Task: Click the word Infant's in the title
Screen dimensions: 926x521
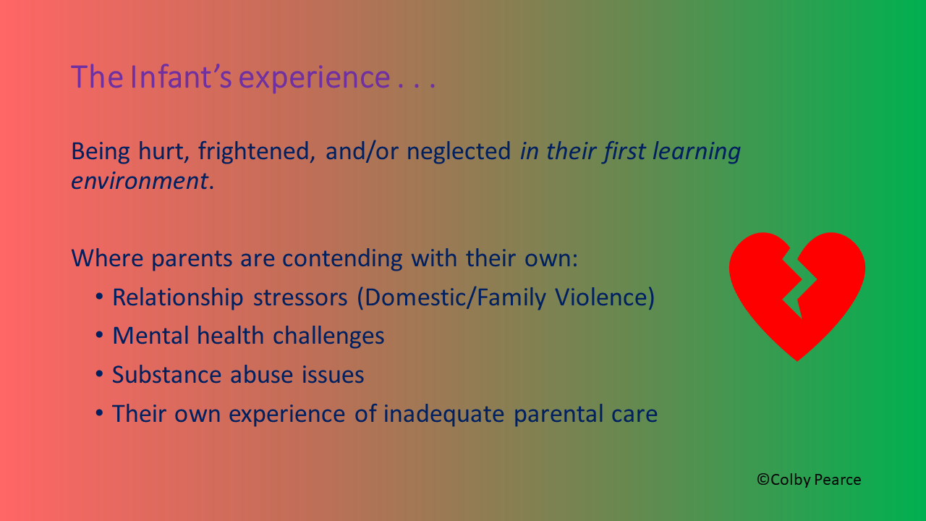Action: tap(181, 77)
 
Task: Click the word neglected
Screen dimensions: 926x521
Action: tap(459, 151)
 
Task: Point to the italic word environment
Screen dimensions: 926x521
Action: tap(140, 181)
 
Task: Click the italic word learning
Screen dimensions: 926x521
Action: tap(697, 151)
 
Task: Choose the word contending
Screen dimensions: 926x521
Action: tap(342, 259)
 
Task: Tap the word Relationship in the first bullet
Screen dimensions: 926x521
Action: tap(178, 297)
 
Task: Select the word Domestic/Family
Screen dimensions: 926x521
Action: tap(455, 297)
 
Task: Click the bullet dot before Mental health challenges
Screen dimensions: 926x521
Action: tap(99, 334)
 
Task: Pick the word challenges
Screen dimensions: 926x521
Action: tap(328, 336)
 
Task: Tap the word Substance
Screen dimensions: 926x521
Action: tap(166, 375)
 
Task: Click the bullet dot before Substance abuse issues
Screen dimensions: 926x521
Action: tap(99, 374)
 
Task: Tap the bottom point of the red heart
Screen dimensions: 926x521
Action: tap(797, 360)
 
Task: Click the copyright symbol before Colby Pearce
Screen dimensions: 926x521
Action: tap(763, 479)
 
